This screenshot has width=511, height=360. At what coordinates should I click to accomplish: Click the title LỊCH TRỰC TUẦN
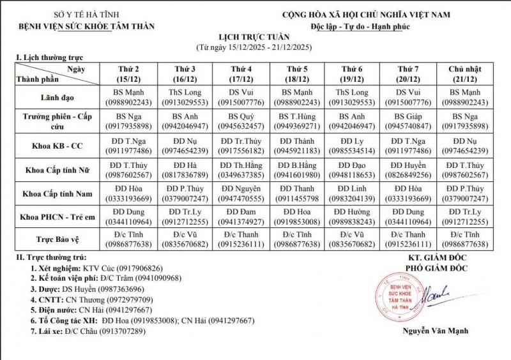click(256, 38)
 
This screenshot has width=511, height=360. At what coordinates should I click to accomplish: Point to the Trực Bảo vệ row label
click(57, 239)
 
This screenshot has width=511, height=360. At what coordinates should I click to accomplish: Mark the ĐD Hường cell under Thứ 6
click(352, 216)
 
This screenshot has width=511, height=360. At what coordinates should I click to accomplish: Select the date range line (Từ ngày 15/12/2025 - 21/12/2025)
click(256, 48)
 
